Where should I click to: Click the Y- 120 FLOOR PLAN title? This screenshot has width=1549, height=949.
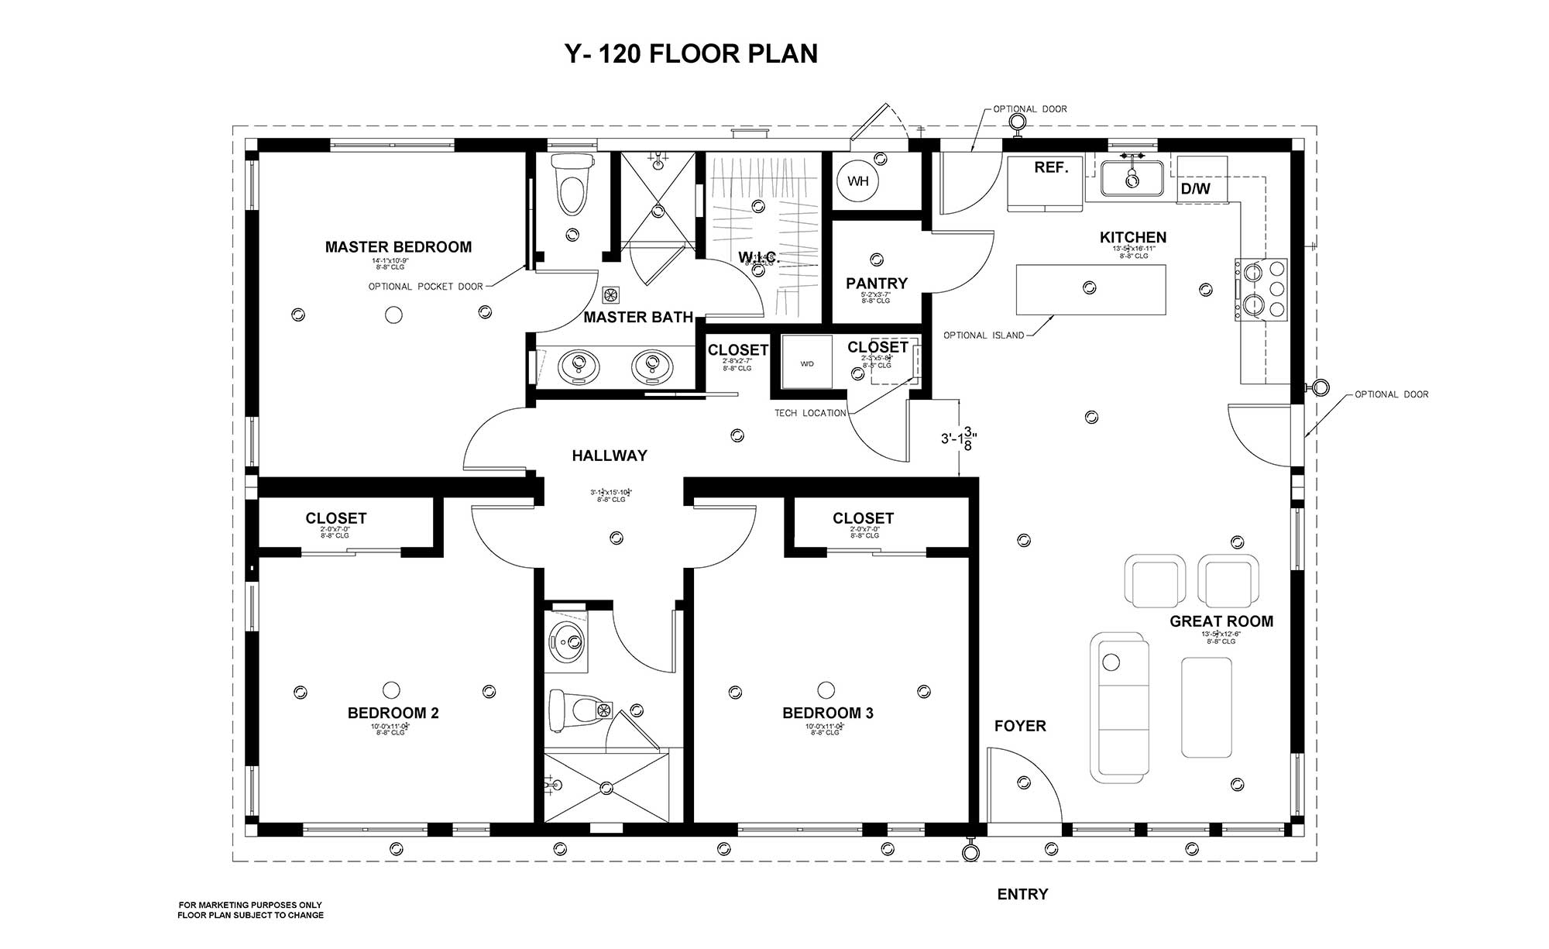coord(691,53)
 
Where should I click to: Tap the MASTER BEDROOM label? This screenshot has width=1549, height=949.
coord(398,247)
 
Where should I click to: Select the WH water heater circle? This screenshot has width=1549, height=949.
coord(857,181)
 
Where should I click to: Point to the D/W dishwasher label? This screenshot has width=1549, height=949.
coord(1195,188)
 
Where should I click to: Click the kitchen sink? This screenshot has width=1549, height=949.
coord(1132,179)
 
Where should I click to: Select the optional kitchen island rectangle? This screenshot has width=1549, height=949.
coord(1090,290)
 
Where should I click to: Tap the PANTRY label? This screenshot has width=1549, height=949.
coord(876,284)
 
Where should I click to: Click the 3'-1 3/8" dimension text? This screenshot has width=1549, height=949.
coord(959,438)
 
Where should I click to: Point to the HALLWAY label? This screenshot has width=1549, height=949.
coord(610,456)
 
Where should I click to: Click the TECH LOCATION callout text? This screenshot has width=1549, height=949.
coord(810,413)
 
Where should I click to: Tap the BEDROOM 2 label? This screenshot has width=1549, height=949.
coord(393,713)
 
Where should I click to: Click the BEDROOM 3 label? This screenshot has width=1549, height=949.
coord(827,713)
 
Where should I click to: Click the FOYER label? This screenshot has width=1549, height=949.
coord(1020,726)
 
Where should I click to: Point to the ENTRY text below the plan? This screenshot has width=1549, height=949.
coord(1022,894)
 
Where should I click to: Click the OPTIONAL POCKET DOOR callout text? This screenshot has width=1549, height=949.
coord(425,287)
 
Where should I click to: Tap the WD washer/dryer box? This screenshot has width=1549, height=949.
coord(806,363)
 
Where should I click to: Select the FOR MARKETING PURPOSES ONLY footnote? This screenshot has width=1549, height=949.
coord(250,905)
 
